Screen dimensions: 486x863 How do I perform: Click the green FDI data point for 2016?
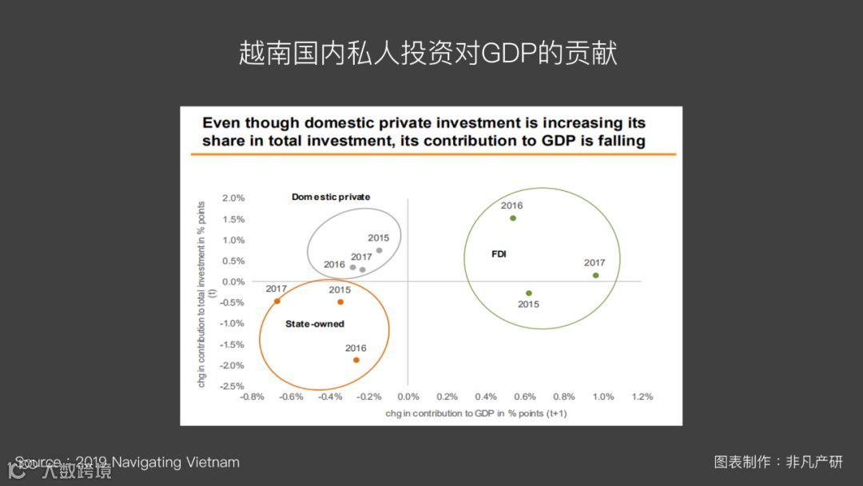click(x=513, y=218)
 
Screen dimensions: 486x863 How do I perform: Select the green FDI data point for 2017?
click(x=595, y=276)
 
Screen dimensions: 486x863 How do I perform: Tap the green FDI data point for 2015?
click(x=528, y=293)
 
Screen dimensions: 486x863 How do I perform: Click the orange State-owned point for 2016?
click(x=356, y=360)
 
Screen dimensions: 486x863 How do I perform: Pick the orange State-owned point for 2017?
click(x=277, y=301)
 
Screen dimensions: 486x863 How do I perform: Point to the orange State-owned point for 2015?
click(x=340, y=302)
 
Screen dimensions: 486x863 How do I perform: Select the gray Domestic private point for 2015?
click(x=379, y=250)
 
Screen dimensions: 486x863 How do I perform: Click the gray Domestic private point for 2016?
click(x=352, y=267)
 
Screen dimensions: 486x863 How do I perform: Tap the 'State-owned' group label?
click(x=315, y=324)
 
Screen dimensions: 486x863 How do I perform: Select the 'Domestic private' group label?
click(x=331, y=197)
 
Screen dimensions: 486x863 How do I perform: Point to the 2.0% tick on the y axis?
click(x=233, y=198)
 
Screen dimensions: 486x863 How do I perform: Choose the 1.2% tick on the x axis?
click(x=642, y=396)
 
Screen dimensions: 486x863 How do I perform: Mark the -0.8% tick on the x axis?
click(x=252, y=396)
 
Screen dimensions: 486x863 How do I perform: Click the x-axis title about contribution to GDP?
click(x=475, y=413)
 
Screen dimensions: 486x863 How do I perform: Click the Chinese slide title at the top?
click(x=428, y=54)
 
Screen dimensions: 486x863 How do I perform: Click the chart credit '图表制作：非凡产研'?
click(x=778, y=462)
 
